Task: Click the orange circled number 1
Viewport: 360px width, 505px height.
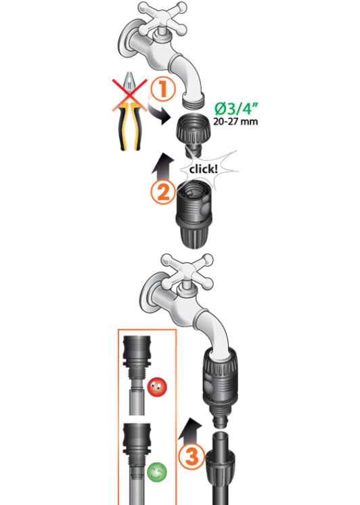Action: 163,89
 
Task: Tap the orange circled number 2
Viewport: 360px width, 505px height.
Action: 163,192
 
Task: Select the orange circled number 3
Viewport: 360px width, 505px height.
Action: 192,456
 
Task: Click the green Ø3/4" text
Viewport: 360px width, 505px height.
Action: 236,109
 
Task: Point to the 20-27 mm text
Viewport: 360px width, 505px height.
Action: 235,122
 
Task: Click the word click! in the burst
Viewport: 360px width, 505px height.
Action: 204,169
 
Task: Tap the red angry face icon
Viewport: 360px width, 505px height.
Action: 157,387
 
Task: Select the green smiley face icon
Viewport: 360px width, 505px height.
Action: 157,473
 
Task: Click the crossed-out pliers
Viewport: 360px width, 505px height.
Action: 129,111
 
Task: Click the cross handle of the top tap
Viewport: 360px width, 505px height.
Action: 163,19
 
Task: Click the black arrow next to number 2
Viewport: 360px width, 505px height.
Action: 163,166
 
